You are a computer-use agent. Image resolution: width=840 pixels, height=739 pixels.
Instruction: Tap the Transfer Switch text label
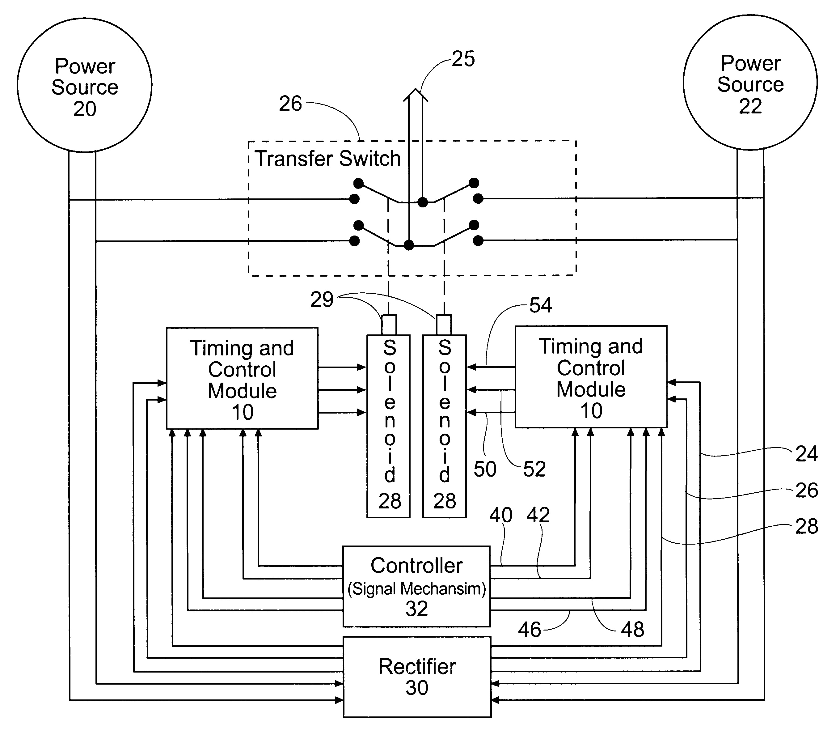pos(327,159)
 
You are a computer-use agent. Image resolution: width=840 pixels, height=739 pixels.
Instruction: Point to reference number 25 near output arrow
pos(463,59)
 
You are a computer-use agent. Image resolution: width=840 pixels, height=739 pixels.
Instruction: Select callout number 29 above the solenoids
pos(321,300)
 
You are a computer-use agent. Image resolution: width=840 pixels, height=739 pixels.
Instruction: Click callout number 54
pos(540,305)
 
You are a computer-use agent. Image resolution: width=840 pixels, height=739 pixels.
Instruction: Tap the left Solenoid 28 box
pos(388,426)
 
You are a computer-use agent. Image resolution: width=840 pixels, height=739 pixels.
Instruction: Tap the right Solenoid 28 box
pos(444,426)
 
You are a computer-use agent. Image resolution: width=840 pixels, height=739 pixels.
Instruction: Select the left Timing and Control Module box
pos(242,378)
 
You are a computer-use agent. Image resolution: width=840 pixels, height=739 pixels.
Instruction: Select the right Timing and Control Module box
pos(591,377)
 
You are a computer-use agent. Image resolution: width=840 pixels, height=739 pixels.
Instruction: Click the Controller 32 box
pos(416,586)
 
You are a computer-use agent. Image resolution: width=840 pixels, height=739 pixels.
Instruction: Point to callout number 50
pos(485,469)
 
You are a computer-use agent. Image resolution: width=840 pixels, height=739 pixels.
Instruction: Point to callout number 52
pos(534,469)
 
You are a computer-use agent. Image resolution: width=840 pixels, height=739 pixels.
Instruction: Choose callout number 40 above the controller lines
pos(500,515)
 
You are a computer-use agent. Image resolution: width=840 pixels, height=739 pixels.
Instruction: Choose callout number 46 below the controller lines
pos(529,630)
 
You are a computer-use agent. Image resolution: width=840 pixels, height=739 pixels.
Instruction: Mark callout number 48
pos(632,630)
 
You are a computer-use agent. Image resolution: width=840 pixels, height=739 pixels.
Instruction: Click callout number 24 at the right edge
pos(806,454)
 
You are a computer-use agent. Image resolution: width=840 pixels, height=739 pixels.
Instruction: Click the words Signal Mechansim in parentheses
pos(416,589)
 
